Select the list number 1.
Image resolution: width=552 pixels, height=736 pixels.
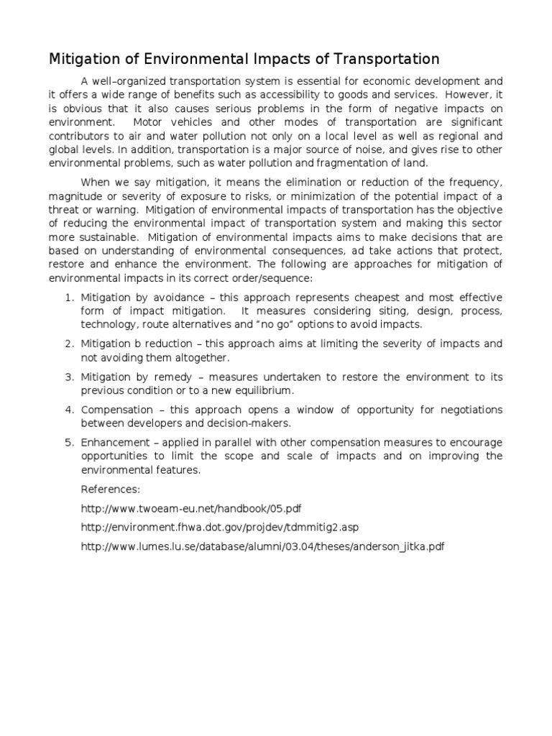[x=68, y=298]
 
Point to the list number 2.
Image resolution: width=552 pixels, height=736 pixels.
[x=68, y=344]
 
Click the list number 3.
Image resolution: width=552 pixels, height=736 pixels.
[x=68, y=377]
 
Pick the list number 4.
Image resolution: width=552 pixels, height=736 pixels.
[x=68, y=410]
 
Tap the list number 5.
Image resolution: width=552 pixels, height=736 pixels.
[x=68, y=442]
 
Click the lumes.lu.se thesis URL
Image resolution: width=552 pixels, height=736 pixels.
[x=262, y=547]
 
